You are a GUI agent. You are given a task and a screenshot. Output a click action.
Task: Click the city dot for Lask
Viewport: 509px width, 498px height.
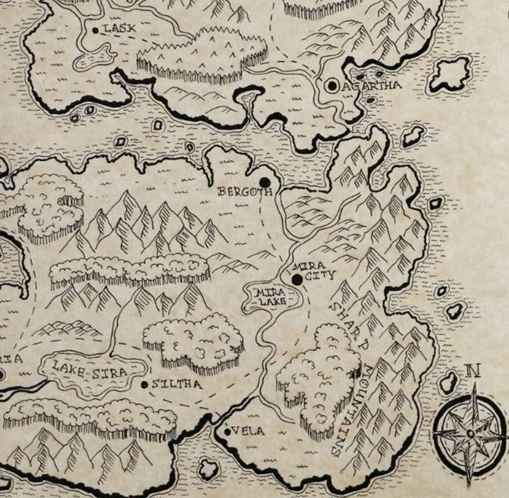[x=96, y=31]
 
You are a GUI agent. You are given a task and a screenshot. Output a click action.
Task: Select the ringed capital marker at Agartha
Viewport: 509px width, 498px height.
[x=332, y=86]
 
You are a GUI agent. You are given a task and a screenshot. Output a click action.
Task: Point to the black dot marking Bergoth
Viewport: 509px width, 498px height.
[x=265, y=182]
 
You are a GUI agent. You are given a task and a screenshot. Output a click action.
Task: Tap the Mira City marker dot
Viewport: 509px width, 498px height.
[x=297, y=280]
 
